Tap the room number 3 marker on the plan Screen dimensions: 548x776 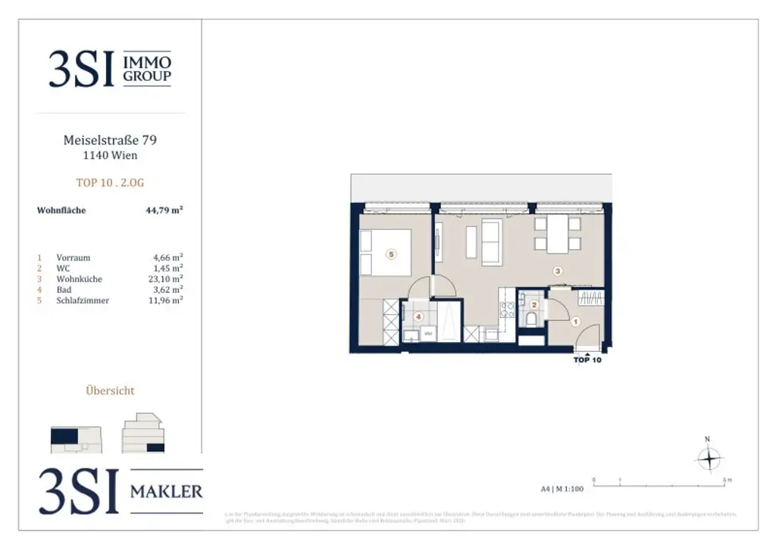pyautogui.click(x=558, y=270)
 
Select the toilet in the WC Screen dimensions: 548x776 pyautogui.click(x=531, y=319)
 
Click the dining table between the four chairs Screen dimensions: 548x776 pyautogui.click(x=559, y=234)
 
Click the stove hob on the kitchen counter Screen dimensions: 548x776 pyautogui.click(x=508, y=309)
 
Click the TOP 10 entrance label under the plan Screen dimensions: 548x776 pyautogui.click(x=587, y=360)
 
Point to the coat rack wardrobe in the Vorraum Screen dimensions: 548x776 pyautogui.click(x=590, y=297)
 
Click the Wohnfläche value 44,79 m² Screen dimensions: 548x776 pyautogui.click(x=164, y=210)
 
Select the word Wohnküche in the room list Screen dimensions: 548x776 pyautogui.click(x=80, y=279)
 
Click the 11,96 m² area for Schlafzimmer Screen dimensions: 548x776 pyautogui.click(x=167, y=300)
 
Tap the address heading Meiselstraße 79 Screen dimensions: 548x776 pyautogui.click(x=111, y=140)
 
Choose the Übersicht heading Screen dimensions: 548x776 pyautogui.click(x=111, y=391)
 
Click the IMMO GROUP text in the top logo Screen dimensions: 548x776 pyautogui.click(x=147, y=69)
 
